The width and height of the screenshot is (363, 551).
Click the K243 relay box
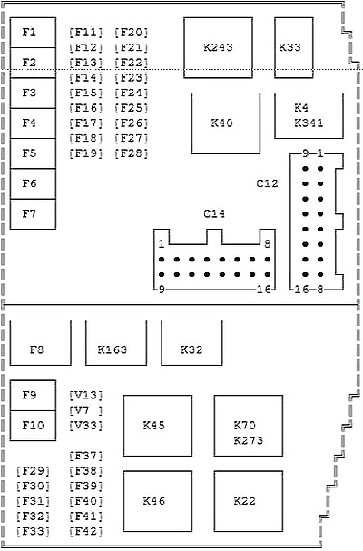(x=218, y=48)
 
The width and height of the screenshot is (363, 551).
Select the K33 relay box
(x=294, y=48)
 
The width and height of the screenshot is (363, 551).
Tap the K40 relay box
(x=226, y=123)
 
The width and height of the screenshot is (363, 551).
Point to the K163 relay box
(x=116, y=342)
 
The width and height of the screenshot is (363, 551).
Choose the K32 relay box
(x=191, y=342)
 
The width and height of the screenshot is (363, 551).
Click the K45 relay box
(x=158, y=426)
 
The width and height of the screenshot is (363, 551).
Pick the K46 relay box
(x=158, y=501)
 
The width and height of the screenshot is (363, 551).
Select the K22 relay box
(x=249, y=501)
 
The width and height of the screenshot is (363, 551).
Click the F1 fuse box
(x=33, y=33)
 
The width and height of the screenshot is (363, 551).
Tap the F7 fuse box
(x=33, y=214)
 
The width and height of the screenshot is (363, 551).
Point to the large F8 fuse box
(x=41, y=342)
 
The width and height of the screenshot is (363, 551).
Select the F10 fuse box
(x=33, y=426)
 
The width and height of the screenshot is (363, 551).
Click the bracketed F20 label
(x=131, y=33)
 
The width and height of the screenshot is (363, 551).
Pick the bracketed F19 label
(x=86, y=153)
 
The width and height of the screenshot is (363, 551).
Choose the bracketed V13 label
(x=86, y=396)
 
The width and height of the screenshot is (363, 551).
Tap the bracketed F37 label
(x=86, y=456)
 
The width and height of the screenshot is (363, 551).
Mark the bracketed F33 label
(x=33, y=531)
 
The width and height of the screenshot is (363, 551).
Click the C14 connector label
(x=214, y=213)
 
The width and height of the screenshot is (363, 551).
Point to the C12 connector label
(x=267, y=183)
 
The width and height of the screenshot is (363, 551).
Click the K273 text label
(x=249, y=440)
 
